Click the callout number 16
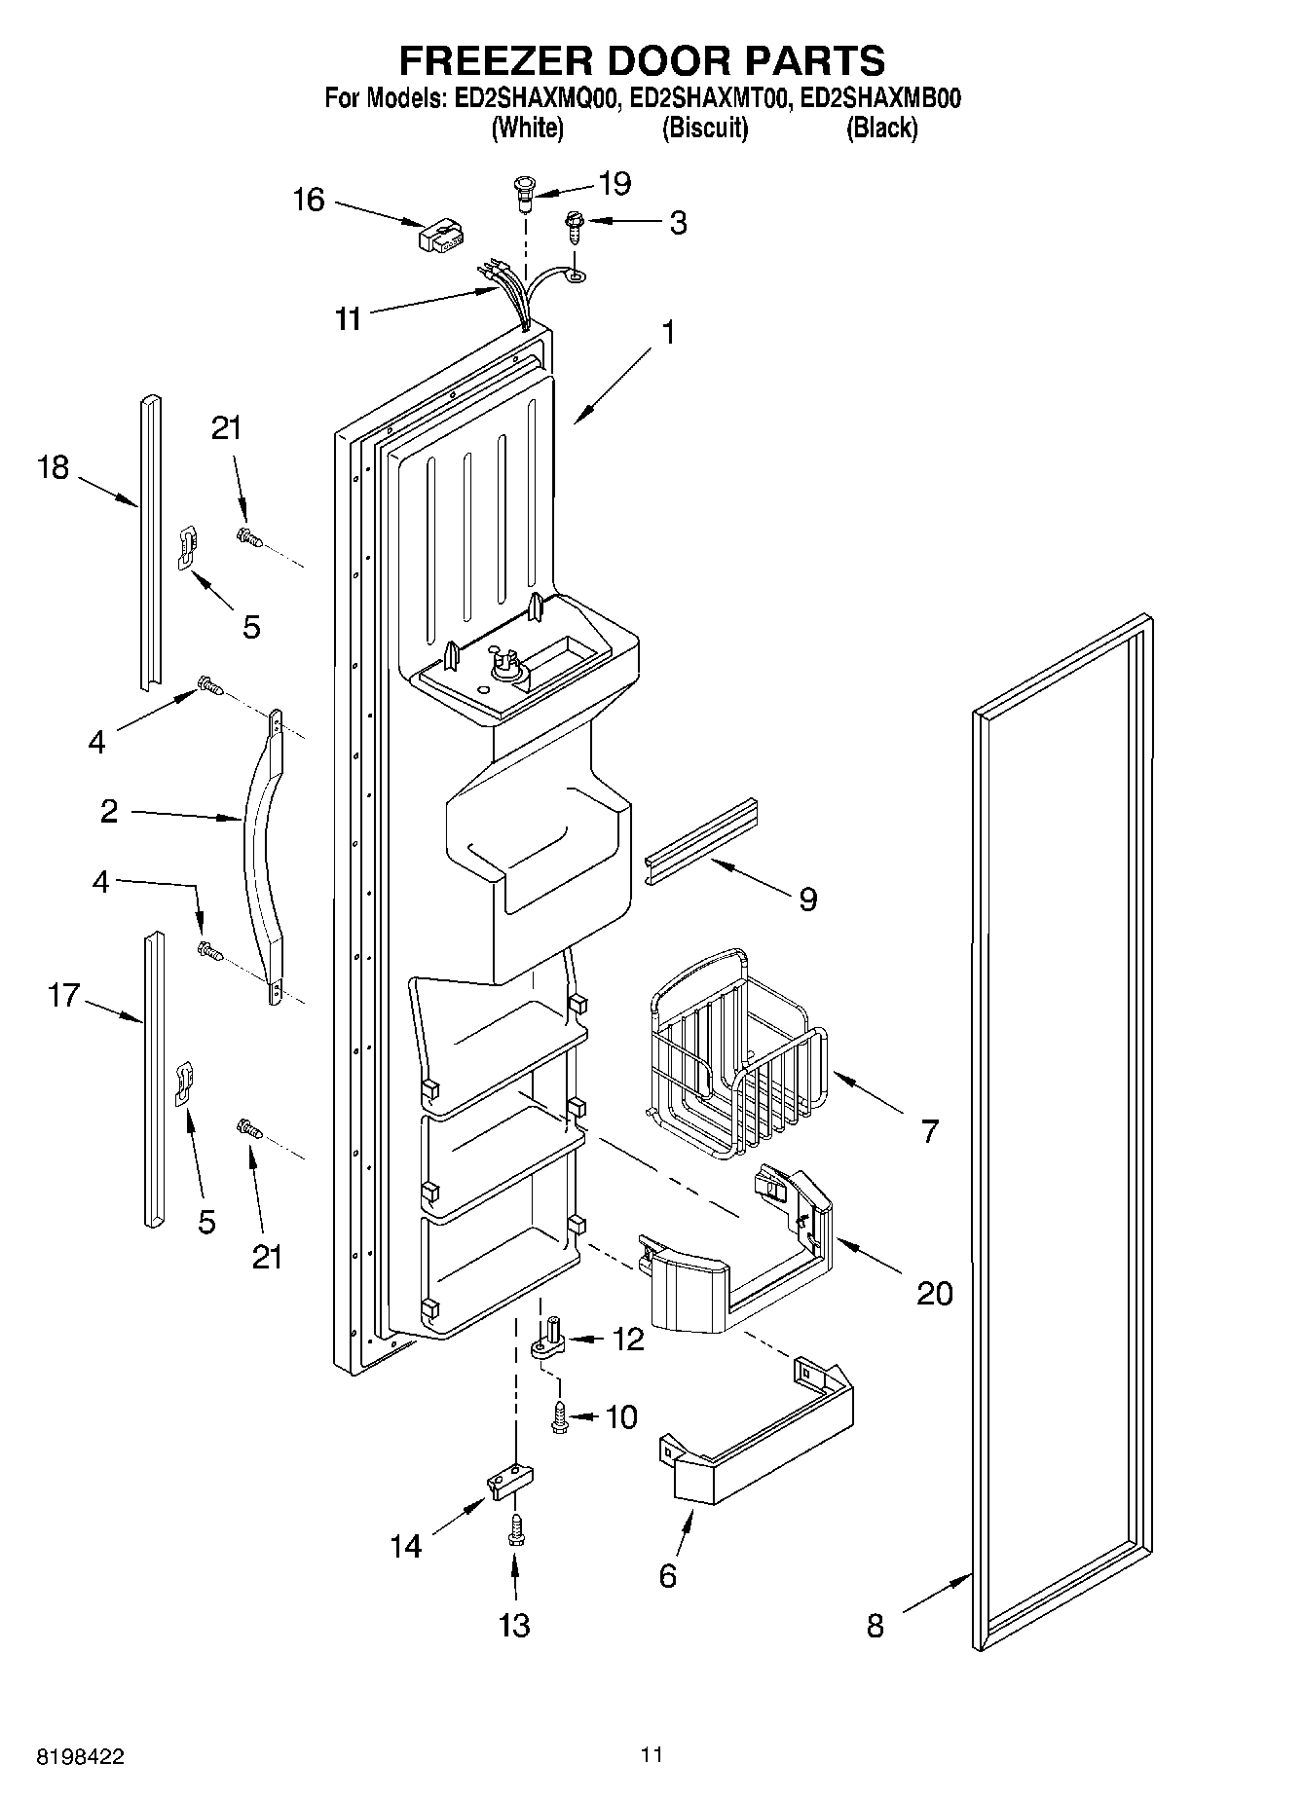pos(308,200)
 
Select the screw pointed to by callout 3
pos(575,231)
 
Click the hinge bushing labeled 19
pos(525,193)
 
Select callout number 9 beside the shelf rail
pos(807,899)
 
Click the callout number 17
pos(63,996)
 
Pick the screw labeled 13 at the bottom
pos(512,1533)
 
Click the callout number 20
pos(934,1294)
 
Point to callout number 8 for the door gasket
pos(875,1625)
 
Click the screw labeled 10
pos(559,1415)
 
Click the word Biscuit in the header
pos(704,128)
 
